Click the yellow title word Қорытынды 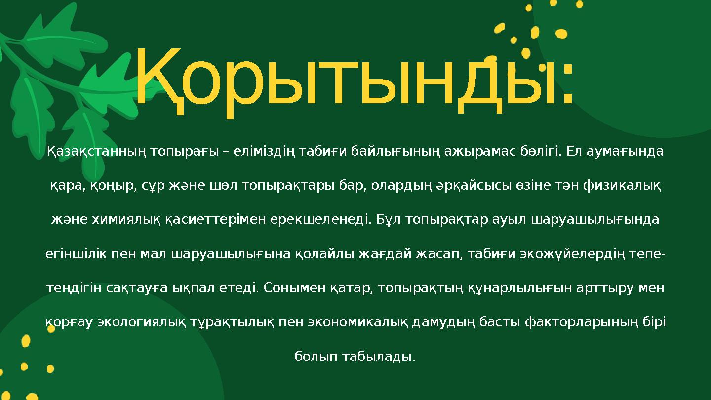coord(346,79)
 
